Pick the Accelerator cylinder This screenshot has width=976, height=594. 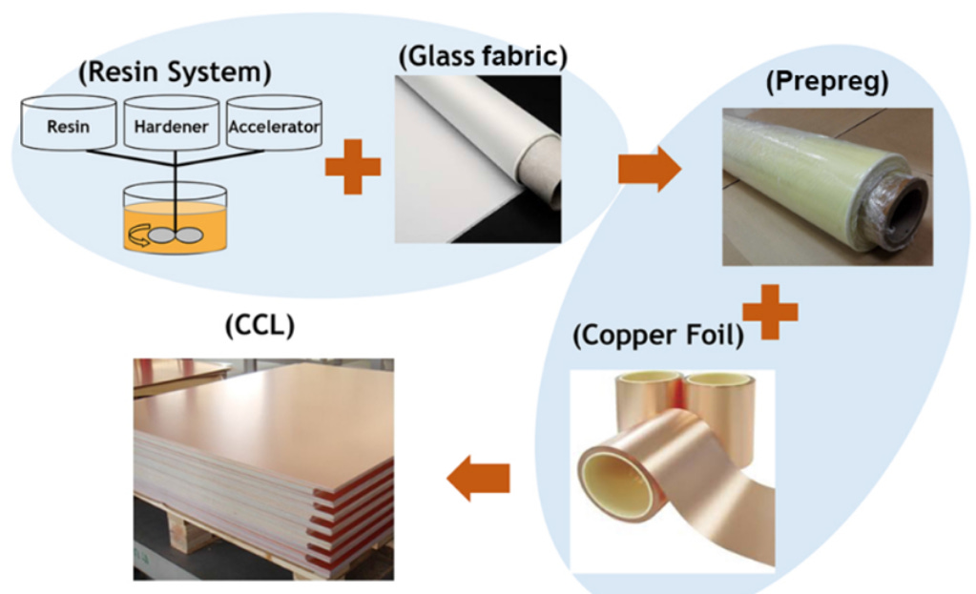[x=274, y=125]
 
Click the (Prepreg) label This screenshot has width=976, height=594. [x=826, y=82]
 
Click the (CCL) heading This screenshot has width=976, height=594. [x=260, y=326]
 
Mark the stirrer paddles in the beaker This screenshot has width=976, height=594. [x=174, y=236]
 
